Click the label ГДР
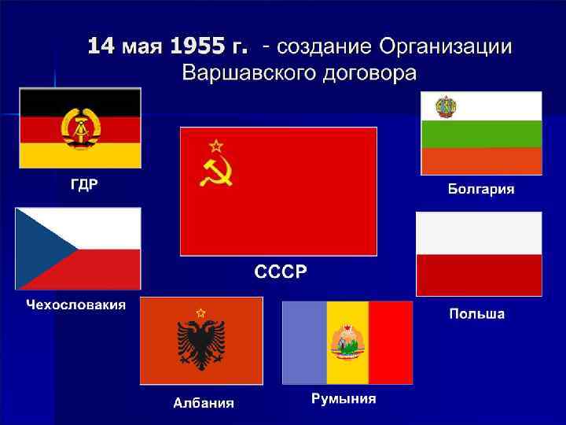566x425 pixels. click(x=80, y=185)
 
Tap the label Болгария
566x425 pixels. click(x=482, y=189)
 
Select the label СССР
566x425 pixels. click(x=281, y=272)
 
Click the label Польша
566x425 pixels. click(x=476, y=314)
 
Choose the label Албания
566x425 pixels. click(x=204, y=404)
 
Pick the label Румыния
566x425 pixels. click(x=344, y=398)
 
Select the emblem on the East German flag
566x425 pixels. click(x=79, y=128)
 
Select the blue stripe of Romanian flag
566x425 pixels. click(x=303, y=342)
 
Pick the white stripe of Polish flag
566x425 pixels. click(x=478, y=233)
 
